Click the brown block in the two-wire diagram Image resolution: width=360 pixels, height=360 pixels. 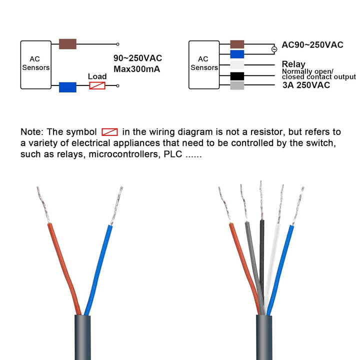pyautogui.click(x=67, y=44)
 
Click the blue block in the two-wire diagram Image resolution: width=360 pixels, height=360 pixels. pyautogui.click(x=67, y=87)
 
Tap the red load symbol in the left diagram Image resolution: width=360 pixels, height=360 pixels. pyautogui.click(x=97, y=86)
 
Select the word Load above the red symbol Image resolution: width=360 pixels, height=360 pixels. pyautogui.click(x=97, y=76)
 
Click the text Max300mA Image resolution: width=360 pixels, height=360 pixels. pyautogui.click(x=136, y=69)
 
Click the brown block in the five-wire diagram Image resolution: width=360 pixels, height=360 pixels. pyautogui.click(x=237, y=44)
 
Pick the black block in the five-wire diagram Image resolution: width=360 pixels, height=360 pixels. pyautogui.click(x=237, y=76)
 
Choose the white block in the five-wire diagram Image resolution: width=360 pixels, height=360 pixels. pyautogui.click(x=237, y=65)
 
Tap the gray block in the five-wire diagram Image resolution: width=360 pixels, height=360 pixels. pyautogui.click(x=237, y=86)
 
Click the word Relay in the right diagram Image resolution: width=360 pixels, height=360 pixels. pyautogui.click(x=293, y=64)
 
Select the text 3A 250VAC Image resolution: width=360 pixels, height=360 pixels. pyautogui.click(x=306, y=85)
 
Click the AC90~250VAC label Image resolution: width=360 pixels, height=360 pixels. pyautogui.click(x=312, y=44)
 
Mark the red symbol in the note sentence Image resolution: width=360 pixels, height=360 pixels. pyautogui.click(x=109, y=132)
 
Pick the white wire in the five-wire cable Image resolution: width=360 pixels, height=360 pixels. pyautogui.click(x=273, y=260)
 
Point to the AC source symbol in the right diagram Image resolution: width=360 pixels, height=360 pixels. pyautogui.click(x=273, y=49)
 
